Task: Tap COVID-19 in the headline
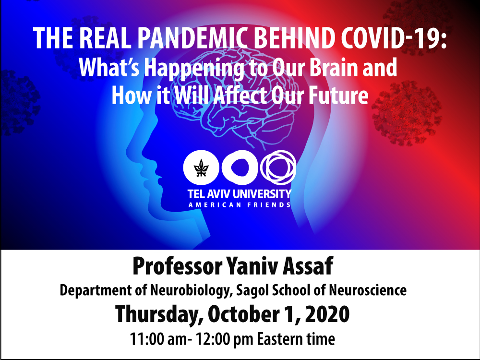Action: [x=393, y=37]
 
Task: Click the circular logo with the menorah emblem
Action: [x=201, y=168]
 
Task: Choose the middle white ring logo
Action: [x=240, y=168]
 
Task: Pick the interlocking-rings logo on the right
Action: [x=278, y=167]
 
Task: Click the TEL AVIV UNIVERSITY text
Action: [x=240, y=194]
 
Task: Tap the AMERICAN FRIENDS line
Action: [x=240, y=205]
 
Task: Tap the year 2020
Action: [x=327, y=314]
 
